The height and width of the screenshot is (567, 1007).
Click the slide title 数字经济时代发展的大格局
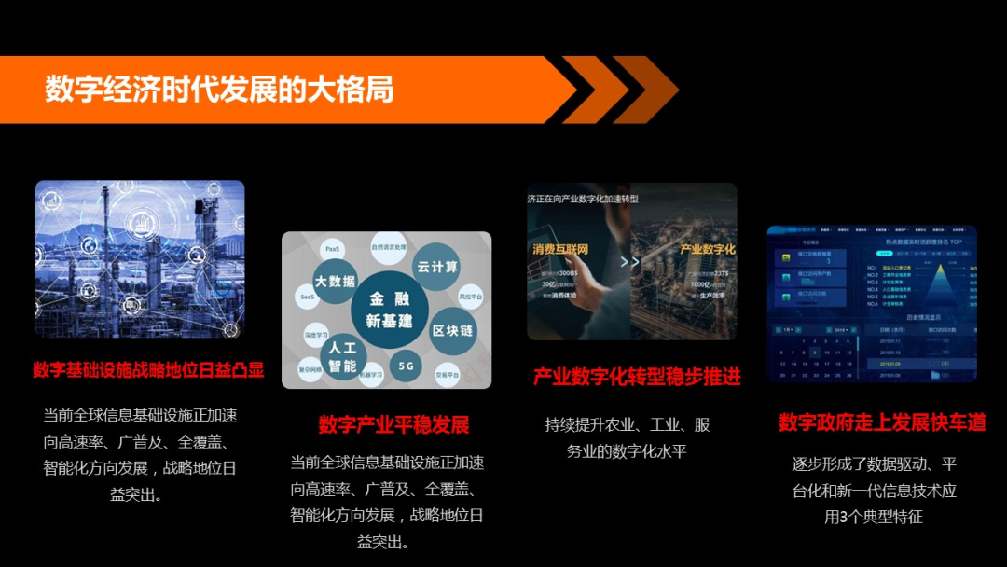(219, 90)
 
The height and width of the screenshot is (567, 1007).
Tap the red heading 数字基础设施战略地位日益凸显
(148, 370)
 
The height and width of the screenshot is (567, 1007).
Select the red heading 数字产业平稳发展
(393, 425)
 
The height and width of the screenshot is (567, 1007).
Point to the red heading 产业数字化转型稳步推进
(637, 377)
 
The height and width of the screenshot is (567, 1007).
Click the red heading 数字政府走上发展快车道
(882, 422)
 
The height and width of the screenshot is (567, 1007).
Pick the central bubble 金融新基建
(390, 310)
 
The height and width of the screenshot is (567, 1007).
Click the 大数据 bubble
(335, 281)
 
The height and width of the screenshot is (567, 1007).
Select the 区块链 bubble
(452, 331)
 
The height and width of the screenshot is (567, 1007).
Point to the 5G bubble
(406, 366)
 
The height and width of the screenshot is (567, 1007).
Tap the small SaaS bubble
(308, 297)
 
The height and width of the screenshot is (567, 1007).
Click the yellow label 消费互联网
(560, 250)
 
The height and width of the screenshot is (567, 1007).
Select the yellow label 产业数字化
(707, 250)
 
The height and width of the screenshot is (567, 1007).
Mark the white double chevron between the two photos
(630, 262)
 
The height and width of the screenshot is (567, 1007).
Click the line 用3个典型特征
(874, 516)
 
